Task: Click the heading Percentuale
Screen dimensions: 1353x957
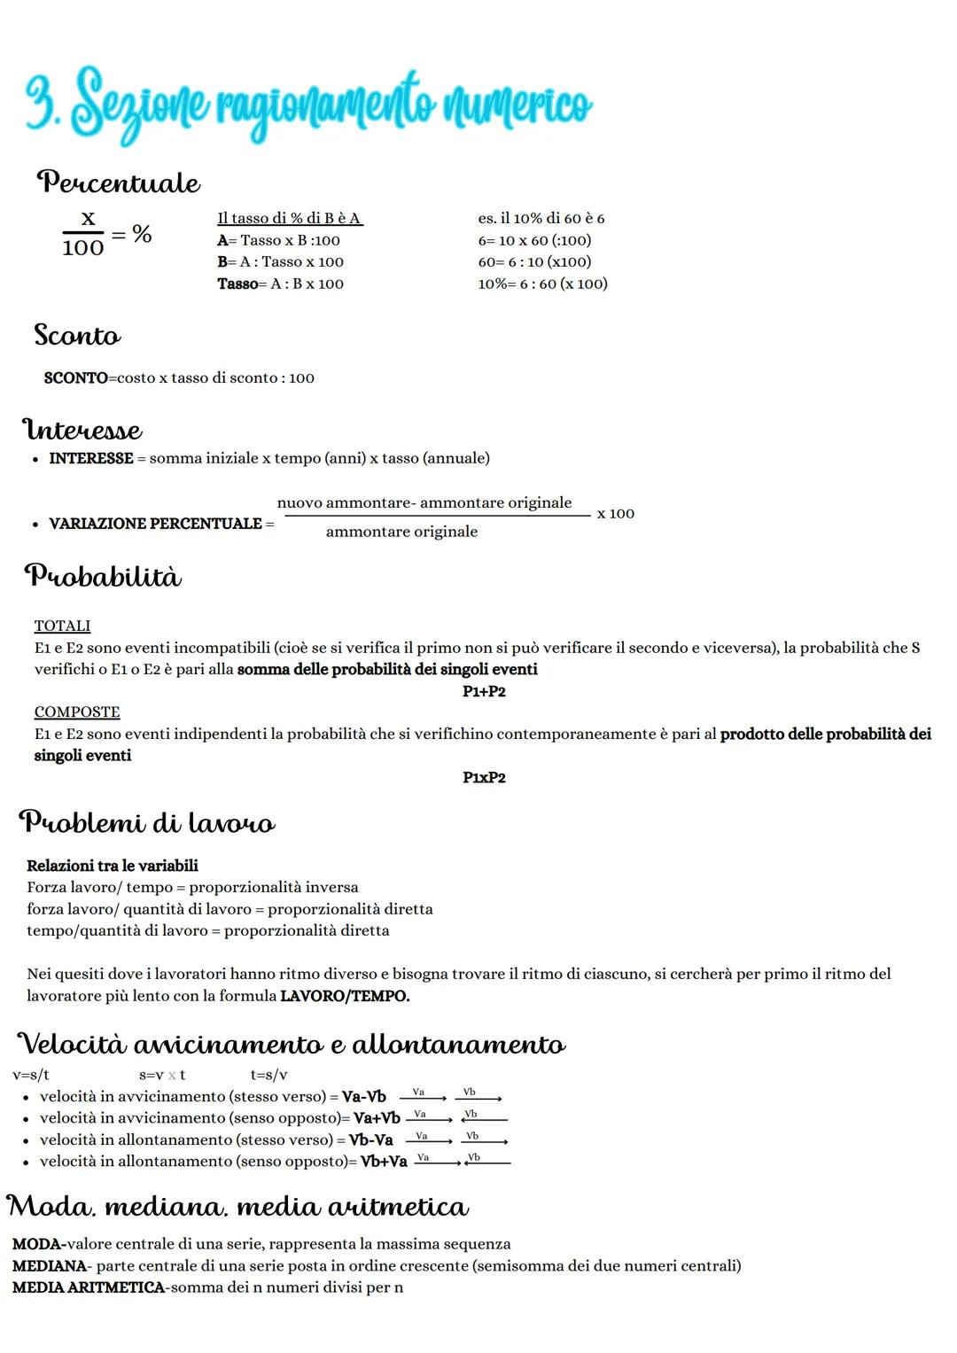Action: (118, 183)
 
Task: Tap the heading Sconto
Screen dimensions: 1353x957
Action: (77, 336)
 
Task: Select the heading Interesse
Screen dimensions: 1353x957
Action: (82, 431)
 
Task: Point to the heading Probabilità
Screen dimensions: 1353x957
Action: (103, 577)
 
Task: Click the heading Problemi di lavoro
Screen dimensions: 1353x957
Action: (147, 823)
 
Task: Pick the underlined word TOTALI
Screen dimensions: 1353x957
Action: (62, 626)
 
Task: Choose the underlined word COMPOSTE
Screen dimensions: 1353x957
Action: (77, 712)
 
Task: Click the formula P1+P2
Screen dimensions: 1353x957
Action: (484, 691)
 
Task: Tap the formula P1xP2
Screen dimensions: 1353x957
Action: (484, 778)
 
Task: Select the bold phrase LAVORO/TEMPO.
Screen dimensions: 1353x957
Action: (345, 996)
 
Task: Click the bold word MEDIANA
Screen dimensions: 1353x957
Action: (50, 1266)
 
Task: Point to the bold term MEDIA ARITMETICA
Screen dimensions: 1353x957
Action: (89, 1287)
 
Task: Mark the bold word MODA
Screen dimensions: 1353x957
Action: (37, 1244)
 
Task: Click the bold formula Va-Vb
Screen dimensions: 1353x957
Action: (364, 1097)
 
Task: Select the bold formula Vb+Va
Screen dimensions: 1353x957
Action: (384, 1162)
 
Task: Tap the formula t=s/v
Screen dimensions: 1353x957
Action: (268, 1076)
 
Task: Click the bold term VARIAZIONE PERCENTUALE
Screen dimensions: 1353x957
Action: (155, 524)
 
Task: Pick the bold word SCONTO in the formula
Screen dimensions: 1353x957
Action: (76, 378)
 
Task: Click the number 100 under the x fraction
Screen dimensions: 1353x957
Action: (83, 248)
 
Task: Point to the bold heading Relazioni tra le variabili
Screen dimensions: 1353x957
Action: (113, 866)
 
